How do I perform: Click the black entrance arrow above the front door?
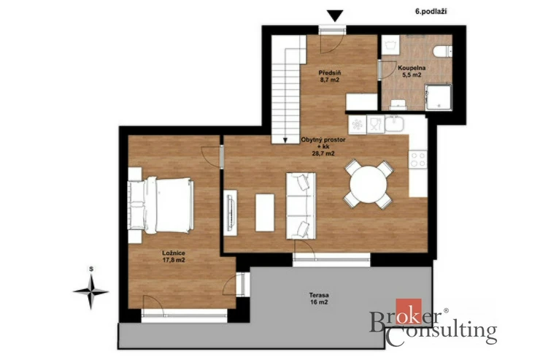click(335, 16)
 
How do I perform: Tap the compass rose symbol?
click(91, 291)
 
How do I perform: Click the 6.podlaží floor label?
click(431, 12)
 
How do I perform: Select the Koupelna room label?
click(409, 68)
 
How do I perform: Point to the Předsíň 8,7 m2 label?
click(330, 76)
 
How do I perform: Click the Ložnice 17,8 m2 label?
click(174, 256)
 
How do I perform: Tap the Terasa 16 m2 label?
click(319, 299)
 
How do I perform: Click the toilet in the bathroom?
click(442, 52)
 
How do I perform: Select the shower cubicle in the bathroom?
click(438, 97)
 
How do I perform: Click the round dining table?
click(369, 184)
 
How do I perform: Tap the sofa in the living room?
click(301, 206)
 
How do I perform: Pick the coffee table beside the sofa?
click(265, 212)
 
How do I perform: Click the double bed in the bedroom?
click(160, 205)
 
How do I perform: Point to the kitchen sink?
click(394, 124)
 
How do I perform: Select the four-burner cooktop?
click(418, 159)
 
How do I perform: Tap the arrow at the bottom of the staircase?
click(285, 140)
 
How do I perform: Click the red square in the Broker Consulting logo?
click(409, 311)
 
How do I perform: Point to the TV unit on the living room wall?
click(230, 213)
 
